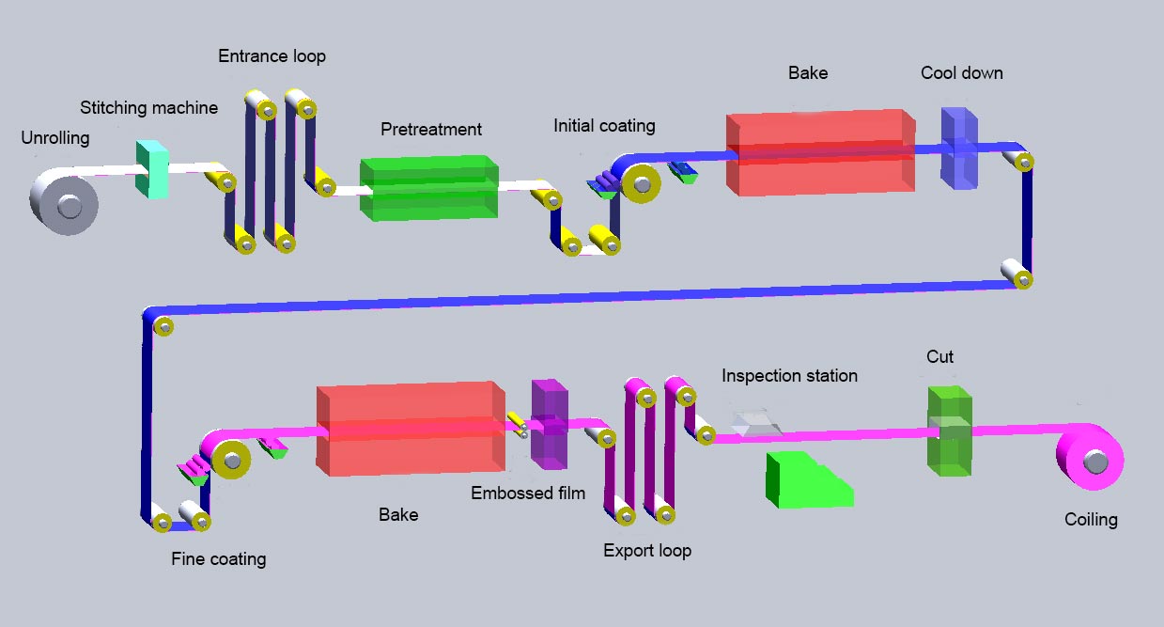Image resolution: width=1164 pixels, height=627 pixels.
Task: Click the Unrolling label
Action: click(x=55, y=138)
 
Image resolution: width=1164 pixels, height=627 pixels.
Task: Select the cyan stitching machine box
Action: click(x=151, y=169)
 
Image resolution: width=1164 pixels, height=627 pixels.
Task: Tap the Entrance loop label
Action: click(x=272, y=56)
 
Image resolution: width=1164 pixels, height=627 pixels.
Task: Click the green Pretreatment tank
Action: click(x=428, y=188)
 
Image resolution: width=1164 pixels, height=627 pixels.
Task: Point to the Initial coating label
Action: click(x=604, y=125)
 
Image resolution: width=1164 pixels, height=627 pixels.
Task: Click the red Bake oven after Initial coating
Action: click(x=820, y=153)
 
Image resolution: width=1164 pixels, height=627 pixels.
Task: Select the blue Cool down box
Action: click(x=959, y=149)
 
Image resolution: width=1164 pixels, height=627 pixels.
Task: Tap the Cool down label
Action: click(x=961, y=72)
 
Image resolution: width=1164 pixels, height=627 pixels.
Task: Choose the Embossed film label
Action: click(x=528, y=493)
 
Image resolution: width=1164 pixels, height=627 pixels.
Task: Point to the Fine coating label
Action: click(x=218, y=559)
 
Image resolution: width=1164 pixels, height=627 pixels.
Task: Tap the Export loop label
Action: click(x=646, y=550)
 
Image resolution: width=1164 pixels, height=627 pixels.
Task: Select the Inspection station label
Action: click(x=789, y=376)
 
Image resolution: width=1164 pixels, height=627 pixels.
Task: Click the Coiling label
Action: click(x=1091, y=519)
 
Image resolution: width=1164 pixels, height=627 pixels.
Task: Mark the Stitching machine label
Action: click(x=148, y=108)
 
